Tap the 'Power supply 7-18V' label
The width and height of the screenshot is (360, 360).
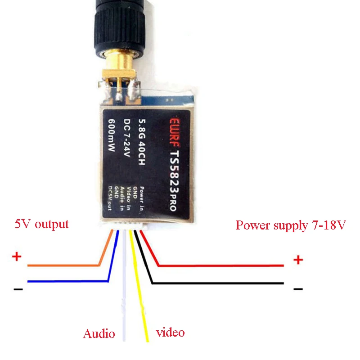pos(291,225)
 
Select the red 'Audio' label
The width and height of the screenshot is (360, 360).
pos(99,334)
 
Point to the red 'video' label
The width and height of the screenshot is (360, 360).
pos(170,333)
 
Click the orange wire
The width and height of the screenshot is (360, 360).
pos(63,265)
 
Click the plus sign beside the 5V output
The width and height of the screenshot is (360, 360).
pos(17,257)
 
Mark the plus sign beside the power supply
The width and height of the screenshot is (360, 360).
pos(298,260)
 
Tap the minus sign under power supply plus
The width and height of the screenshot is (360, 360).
pos(298,288)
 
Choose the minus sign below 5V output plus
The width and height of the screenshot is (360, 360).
pos(18,288)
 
